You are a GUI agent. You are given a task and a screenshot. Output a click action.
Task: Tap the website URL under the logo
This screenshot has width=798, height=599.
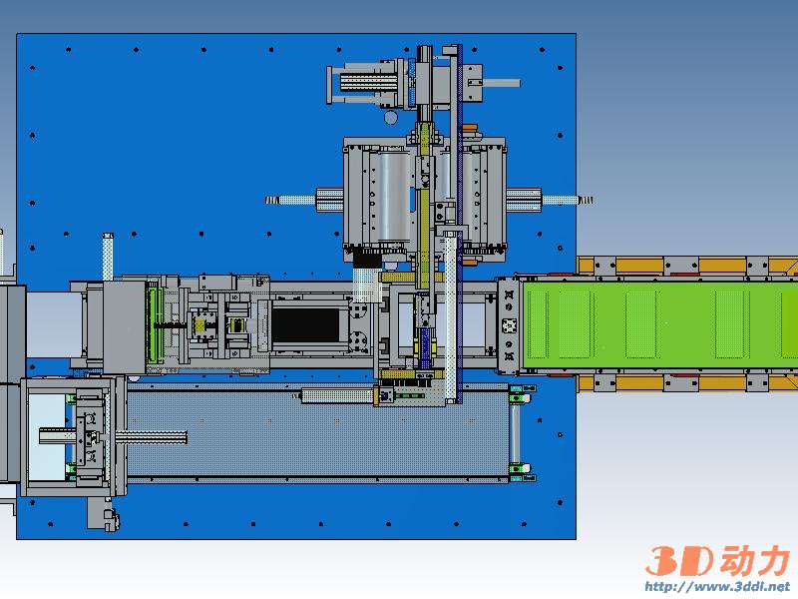pos(717,587)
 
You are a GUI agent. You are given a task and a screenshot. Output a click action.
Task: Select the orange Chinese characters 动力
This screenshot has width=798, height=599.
pos(755,560)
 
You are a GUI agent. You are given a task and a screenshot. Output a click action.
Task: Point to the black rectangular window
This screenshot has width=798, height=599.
pos(306,325)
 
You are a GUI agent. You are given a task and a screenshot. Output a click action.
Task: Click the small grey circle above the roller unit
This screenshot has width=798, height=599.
pos(390,118)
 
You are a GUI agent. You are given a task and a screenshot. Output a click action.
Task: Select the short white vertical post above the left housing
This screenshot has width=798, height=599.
pos(108,257)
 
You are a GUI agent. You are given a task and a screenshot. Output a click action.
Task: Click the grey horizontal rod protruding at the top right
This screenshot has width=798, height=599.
pos(502,83)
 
